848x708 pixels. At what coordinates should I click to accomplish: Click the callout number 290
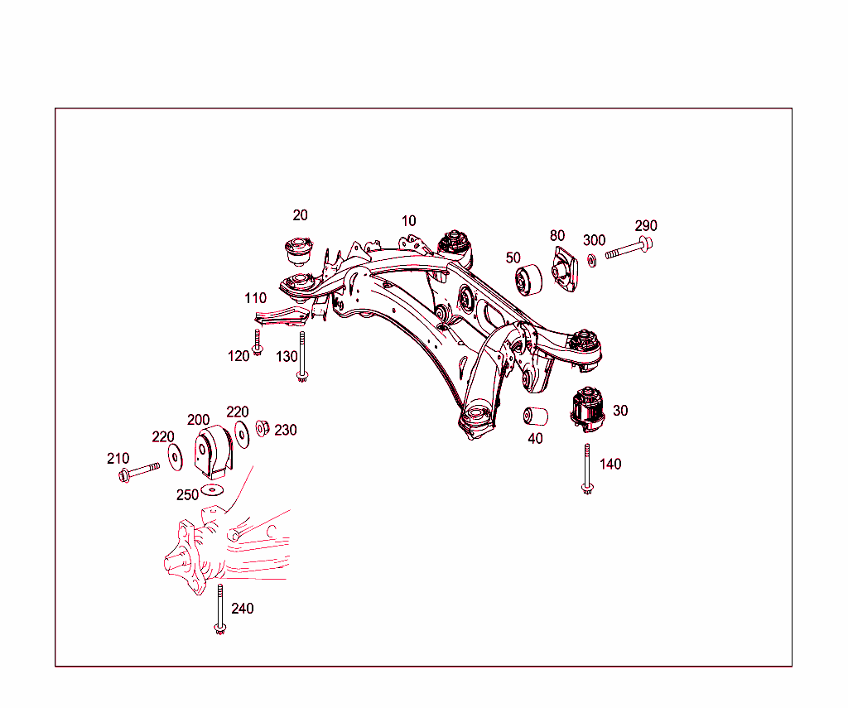tap(646, 226)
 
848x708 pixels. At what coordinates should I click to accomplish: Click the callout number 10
tap(409, 221)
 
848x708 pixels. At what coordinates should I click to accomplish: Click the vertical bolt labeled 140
tap(587, 469)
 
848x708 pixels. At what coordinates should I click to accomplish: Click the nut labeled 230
tap(263, 428)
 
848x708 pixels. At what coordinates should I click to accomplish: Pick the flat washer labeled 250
tap(213, 489)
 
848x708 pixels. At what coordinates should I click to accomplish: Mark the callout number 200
tap(198, 420)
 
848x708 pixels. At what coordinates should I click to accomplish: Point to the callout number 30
tap(620, 411)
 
